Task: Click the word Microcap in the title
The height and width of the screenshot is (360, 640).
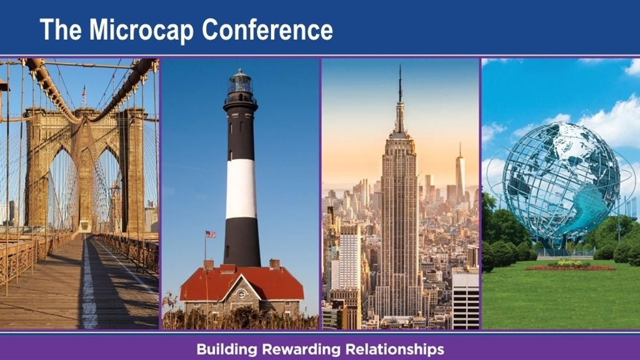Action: [x=142, y=30]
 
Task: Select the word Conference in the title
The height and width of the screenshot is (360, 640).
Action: [x=267, y=29]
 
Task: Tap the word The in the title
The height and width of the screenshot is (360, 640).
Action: [x=61, y=29]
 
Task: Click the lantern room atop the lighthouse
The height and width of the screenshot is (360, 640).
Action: [x=241, y=83]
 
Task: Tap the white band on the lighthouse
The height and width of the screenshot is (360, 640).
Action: [x=241, y=189]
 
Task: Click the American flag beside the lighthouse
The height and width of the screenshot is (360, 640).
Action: [x=211, y=234]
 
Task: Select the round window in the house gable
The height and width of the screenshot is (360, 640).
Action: [x=242, y=293]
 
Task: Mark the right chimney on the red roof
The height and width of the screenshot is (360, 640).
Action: [x=275, y=264]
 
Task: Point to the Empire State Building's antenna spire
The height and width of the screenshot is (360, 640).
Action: [x=400, y=83]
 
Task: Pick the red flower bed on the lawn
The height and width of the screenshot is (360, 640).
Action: [x=571, y=268]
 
